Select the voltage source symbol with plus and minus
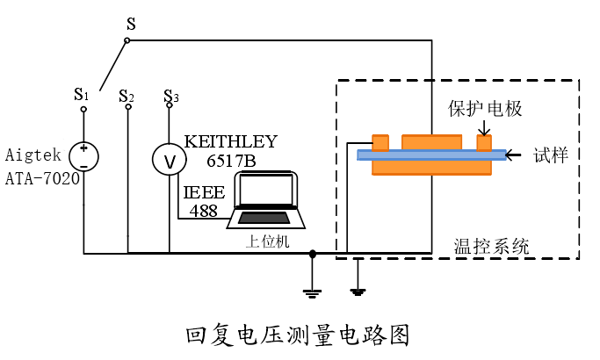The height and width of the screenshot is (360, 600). click(83, 156)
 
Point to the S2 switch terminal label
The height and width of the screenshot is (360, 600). click(127, 95)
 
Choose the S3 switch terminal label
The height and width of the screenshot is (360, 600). click(170, 95)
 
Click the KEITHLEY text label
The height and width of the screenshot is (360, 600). click(230, 141)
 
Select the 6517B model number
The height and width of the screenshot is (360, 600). click(231, 161)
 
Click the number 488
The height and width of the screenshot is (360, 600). click(204, 211)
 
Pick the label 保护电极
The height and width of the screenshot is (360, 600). click(485, 109)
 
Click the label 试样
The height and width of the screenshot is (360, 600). click(551, 155)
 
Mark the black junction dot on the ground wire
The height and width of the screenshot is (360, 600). click(313, 255)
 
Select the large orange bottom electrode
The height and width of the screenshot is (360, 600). click(431, 167)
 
